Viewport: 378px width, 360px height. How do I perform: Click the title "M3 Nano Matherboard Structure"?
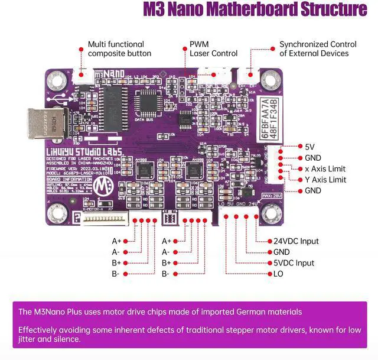click(x=254, y=10)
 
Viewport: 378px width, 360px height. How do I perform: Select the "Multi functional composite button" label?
click(x=119, y=48)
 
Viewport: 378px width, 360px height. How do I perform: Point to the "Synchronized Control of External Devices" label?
click(x=318, y=48)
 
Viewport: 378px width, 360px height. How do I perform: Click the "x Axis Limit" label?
click(x=325, y=168)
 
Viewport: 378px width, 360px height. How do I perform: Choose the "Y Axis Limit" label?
click(x=325, y=180)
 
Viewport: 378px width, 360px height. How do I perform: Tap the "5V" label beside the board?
click(x=309, y=147)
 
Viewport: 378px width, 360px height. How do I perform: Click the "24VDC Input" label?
click(x=296, y=241)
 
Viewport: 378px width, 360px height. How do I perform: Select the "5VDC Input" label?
click(x=294, y=263)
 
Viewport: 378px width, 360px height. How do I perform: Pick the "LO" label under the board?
click(x=278, y=274)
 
